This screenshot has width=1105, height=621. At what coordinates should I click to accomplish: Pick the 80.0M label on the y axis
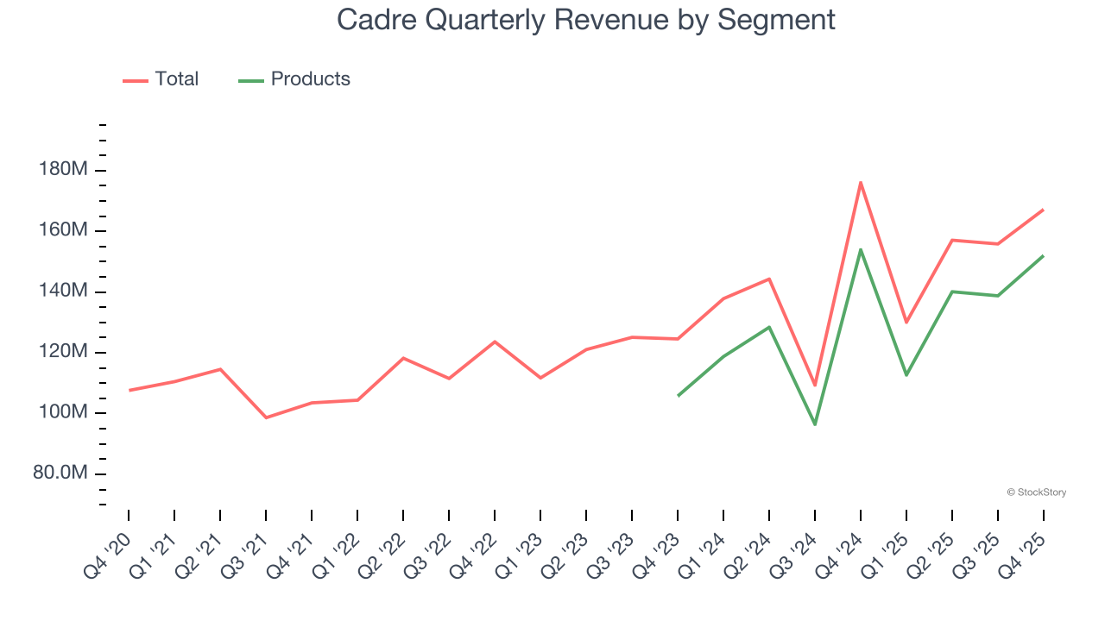61,474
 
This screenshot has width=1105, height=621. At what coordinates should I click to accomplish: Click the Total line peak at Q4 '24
861,182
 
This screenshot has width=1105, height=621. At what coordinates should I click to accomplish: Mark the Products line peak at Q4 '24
861,249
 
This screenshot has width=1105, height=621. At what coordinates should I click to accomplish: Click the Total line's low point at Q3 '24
815,386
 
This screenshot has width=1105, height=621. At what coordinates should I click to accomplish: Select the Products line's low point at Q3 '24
815,424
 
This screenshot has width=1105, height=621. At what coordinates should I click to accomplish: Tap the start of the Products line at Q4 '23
678,396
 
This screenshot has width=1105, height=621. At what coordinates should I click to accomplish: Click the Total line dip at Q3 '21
266,417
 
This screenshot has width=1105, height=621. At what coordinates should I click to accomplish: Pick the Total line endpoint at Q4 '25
1043,210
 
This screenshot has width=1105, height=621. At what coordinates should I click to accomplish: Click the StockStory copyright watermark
1036,492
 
